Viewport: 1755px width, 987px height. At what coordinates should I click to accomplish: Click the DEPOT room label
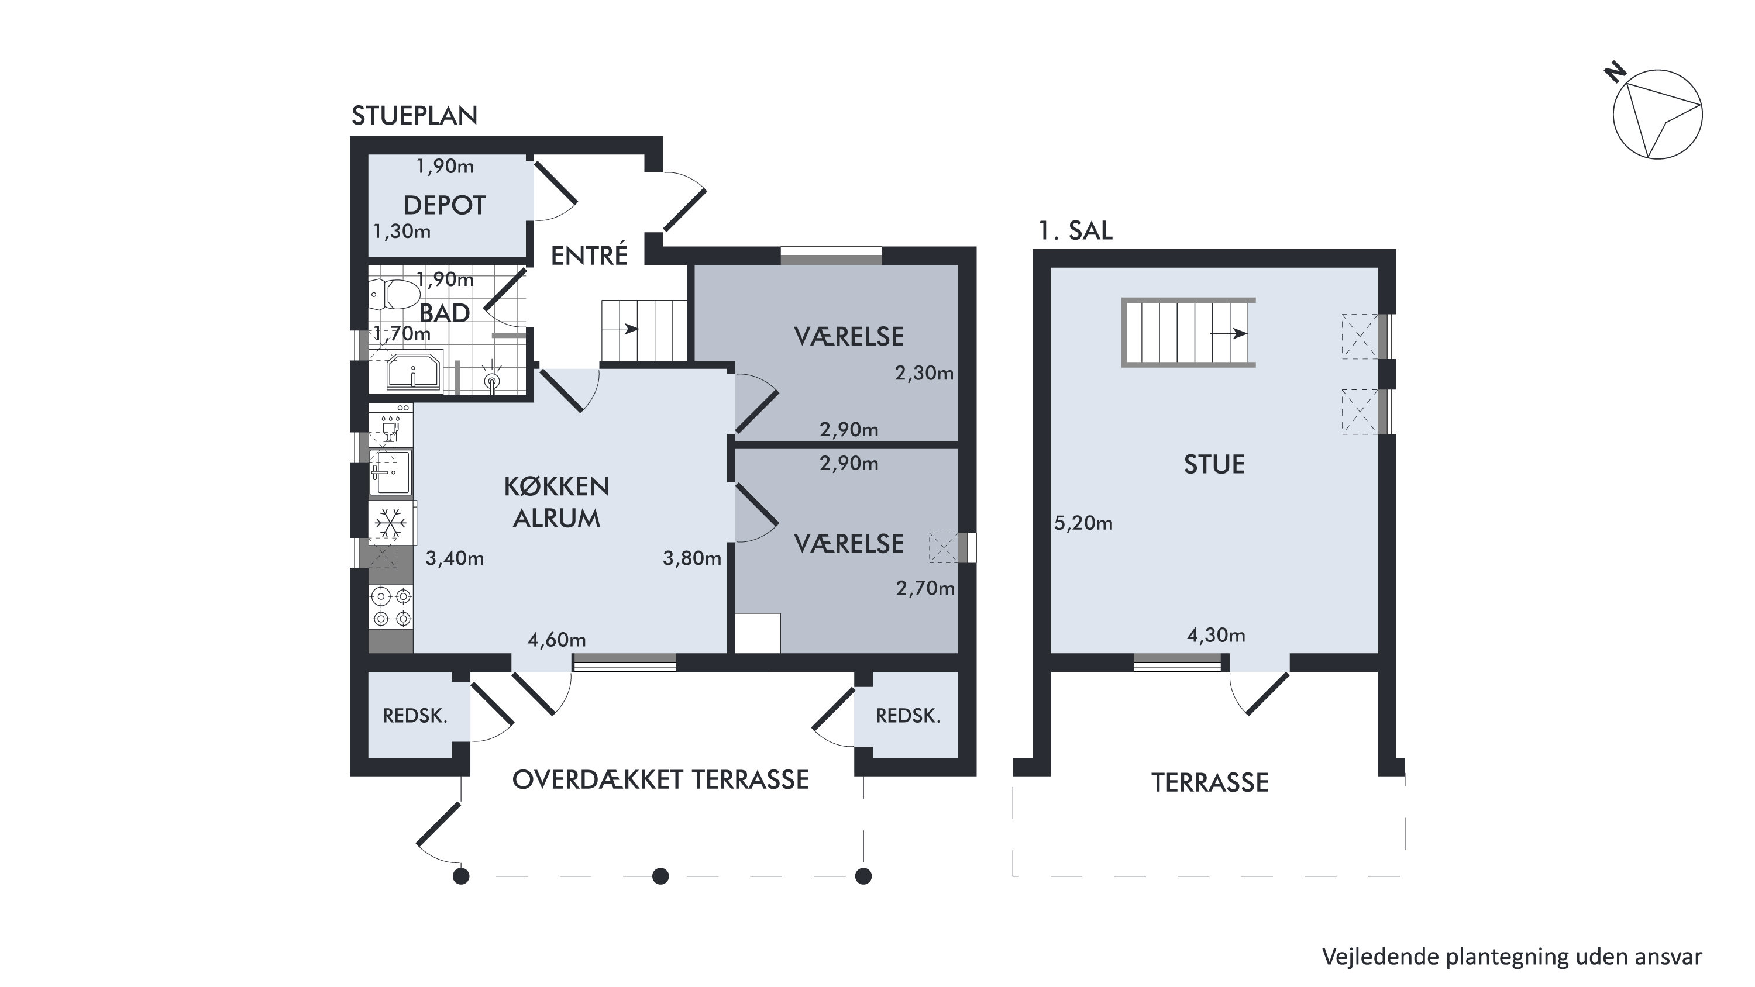point(444,205)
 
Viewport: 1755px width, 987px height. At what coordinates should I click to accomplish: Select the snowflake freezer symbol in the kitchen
point(391,523)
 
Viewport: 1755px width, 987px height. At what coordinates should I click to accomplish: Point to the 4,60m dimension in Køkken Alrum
point(556,640)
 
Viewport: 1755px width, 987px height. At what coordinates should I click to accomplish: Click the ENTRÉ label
point(589,256)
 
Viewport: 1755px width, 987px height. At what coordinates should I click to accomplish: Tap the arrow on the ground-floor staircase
point(629,330)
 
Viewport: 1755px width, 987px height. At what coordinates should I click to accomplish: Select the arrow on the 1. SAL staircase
point(1229,334)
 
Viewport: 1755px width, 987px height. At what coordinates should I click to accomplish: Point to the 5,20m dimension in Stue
point(1083,523)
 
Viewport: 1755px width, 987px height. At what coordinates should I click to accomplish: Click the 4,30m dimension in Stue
point(1216,636)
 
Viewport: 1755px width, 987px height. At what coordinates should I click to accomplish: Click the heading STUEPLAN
point(414,116)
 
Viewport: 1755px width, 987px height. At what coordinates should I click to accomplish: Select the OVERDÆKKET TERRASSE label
point(660,780)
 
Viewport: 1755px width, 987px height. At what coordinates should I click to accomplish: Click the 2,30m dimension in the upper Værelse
point(924,373)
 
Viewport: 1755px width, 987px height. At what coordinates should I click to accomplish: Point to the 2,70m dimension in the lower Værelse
point(925,589)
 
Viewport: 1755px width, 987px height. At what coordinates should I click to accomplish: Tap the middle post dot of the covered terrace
point(660,876)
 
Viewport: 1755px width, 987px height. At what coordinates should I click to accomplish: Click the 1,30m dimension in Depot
point(402,232)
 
